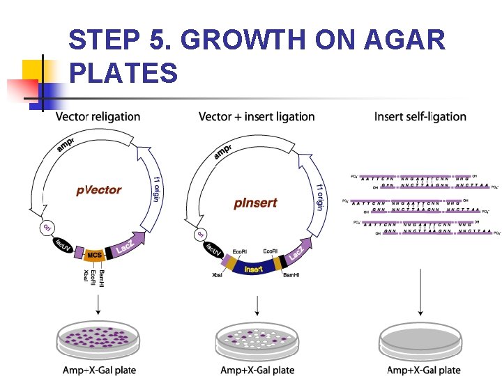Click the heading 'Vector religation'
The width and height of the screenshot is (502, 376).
[x=98, y=117]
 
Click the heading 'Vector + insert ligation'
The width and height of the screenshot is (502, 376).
[x=257, y=117]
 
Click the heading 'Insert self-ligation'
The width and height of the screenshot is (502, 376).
[x=420, y=117]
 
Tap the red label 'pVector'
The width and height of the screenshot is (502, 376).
[x=99, y=189]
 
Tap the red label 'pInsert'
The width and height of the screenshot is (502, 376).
[x=255, y=203]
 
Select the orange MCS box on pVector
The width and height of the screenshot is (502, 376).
[x=95, y=256]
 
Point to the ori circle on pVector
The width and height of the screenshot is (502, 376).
[x=47, y=228]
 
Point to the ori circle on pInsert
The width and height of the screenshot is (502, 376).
[x=201, y=235]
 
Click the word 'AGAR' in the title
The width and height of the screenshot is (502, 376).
[x=404, y=40]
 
